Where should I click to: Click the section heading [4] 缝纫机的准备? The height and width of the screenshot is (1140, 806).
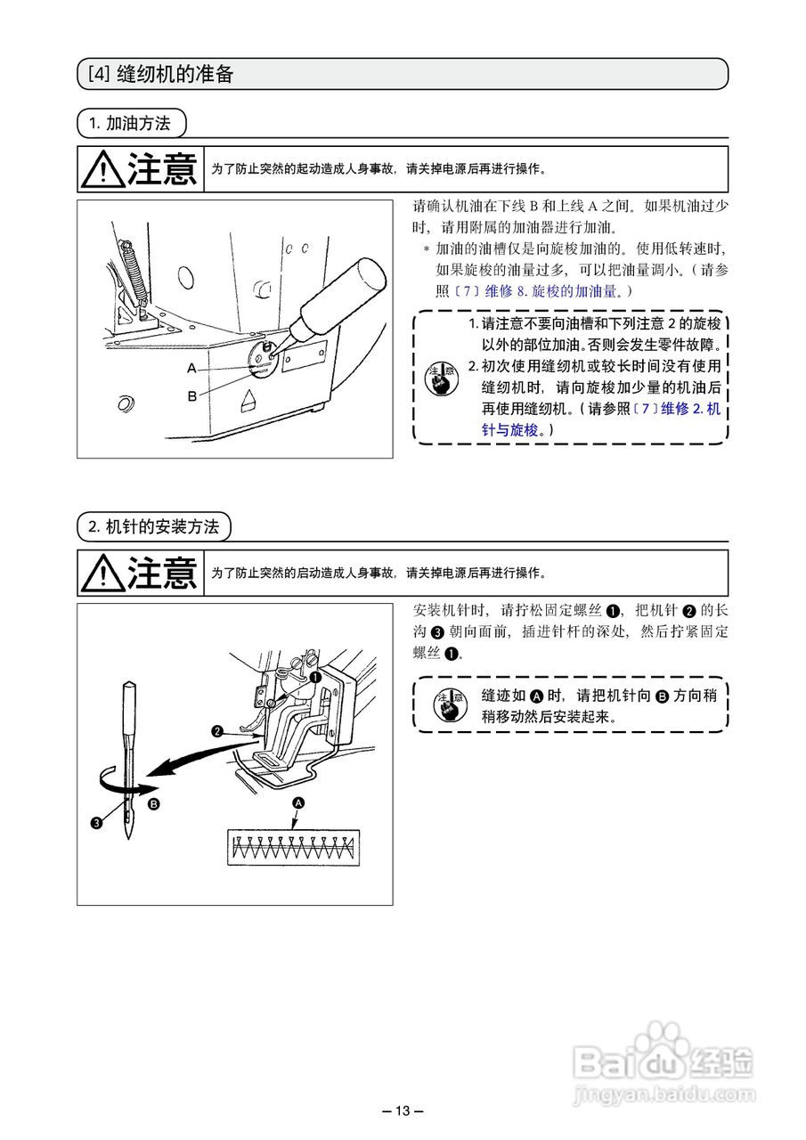click(x=160, y=74)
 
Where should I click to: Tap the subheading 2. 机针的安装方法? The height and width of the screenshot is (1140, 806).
click(x=152, y=526)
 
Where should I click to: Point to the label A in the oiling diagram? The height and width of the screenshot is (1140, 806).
click(x=191, y=368)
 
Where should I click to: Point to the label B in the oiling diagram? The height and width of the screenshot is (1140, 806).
click(x=191, y=396)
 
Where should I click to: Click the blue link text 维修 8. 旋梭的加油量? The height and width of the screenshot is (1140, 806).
click(x=558, y=291)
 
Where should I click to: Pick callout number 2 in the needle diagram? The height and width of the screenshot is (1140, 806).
click(x=216, y=732)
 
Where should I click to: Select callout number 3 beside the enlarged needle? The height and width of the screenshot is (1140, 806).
click(x=95, y=822)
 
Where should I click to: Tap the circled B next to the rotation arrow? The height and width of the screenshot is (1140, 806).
click(x=153, y=804)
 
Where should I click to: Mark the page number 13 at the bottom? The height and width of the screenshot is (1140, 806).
click(x=403, y=1111)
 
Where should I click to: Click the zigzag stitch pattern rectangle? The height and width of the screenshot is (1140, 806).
click(x=293, y=846)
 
